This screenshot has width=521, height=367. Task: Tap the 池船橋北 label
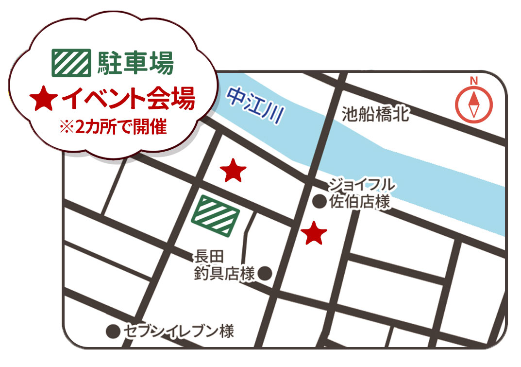click(x=375, y=115)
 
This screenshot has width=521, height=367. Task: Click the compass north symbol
click(x=473, y=105)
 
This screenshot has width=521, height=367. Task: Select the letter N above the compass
click(x=474, y=81)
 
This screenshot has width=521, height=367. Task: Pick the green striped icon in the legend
click(x=71, y=63)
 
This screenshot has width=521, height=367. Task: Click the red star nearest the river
click(x=233, y=171)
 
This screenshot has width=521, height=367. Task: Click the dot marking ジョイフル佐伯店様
click(x=319, y=201)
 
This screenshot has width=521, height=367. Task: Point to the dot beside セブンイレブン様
click(x=113, y=332)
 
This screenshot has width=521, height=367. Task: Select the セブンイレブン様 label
click(x=179, y=332)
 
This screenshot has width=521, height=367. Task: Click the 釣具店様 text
click(x=224, y=274)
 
